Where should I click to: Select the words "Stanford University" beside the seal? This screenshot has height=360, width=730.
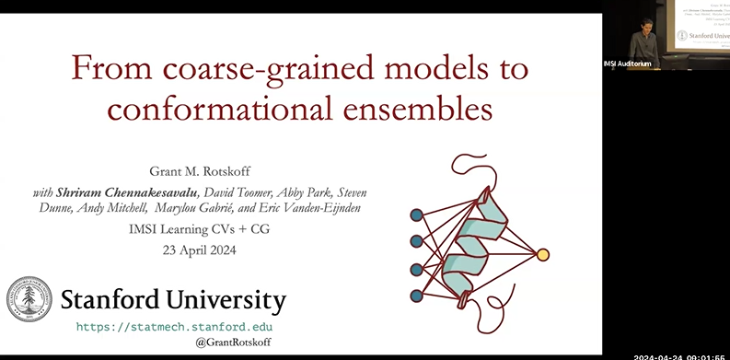[x=173, y=300]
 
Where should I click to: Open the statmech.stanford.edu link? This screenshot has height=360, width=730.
[x=173, y=327]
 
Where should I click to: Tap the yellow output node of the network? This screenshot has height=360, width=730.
[x=543, y=254]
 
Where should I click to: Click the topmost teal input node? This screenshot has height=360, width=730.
[x=416, y=215]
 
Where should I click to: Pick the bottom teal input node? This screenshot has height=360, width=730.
[x=416, y=296]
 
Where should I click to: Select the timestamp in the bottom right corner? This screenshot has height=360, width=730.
[x=680, y=355]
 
